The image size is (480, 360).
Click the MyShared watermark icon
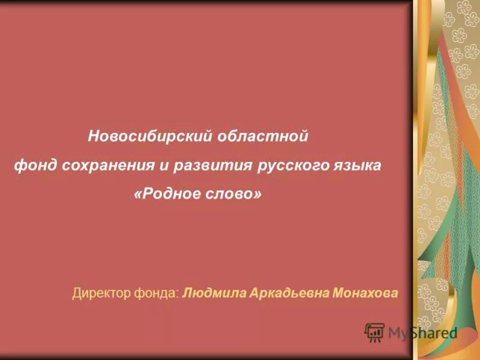375,332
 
